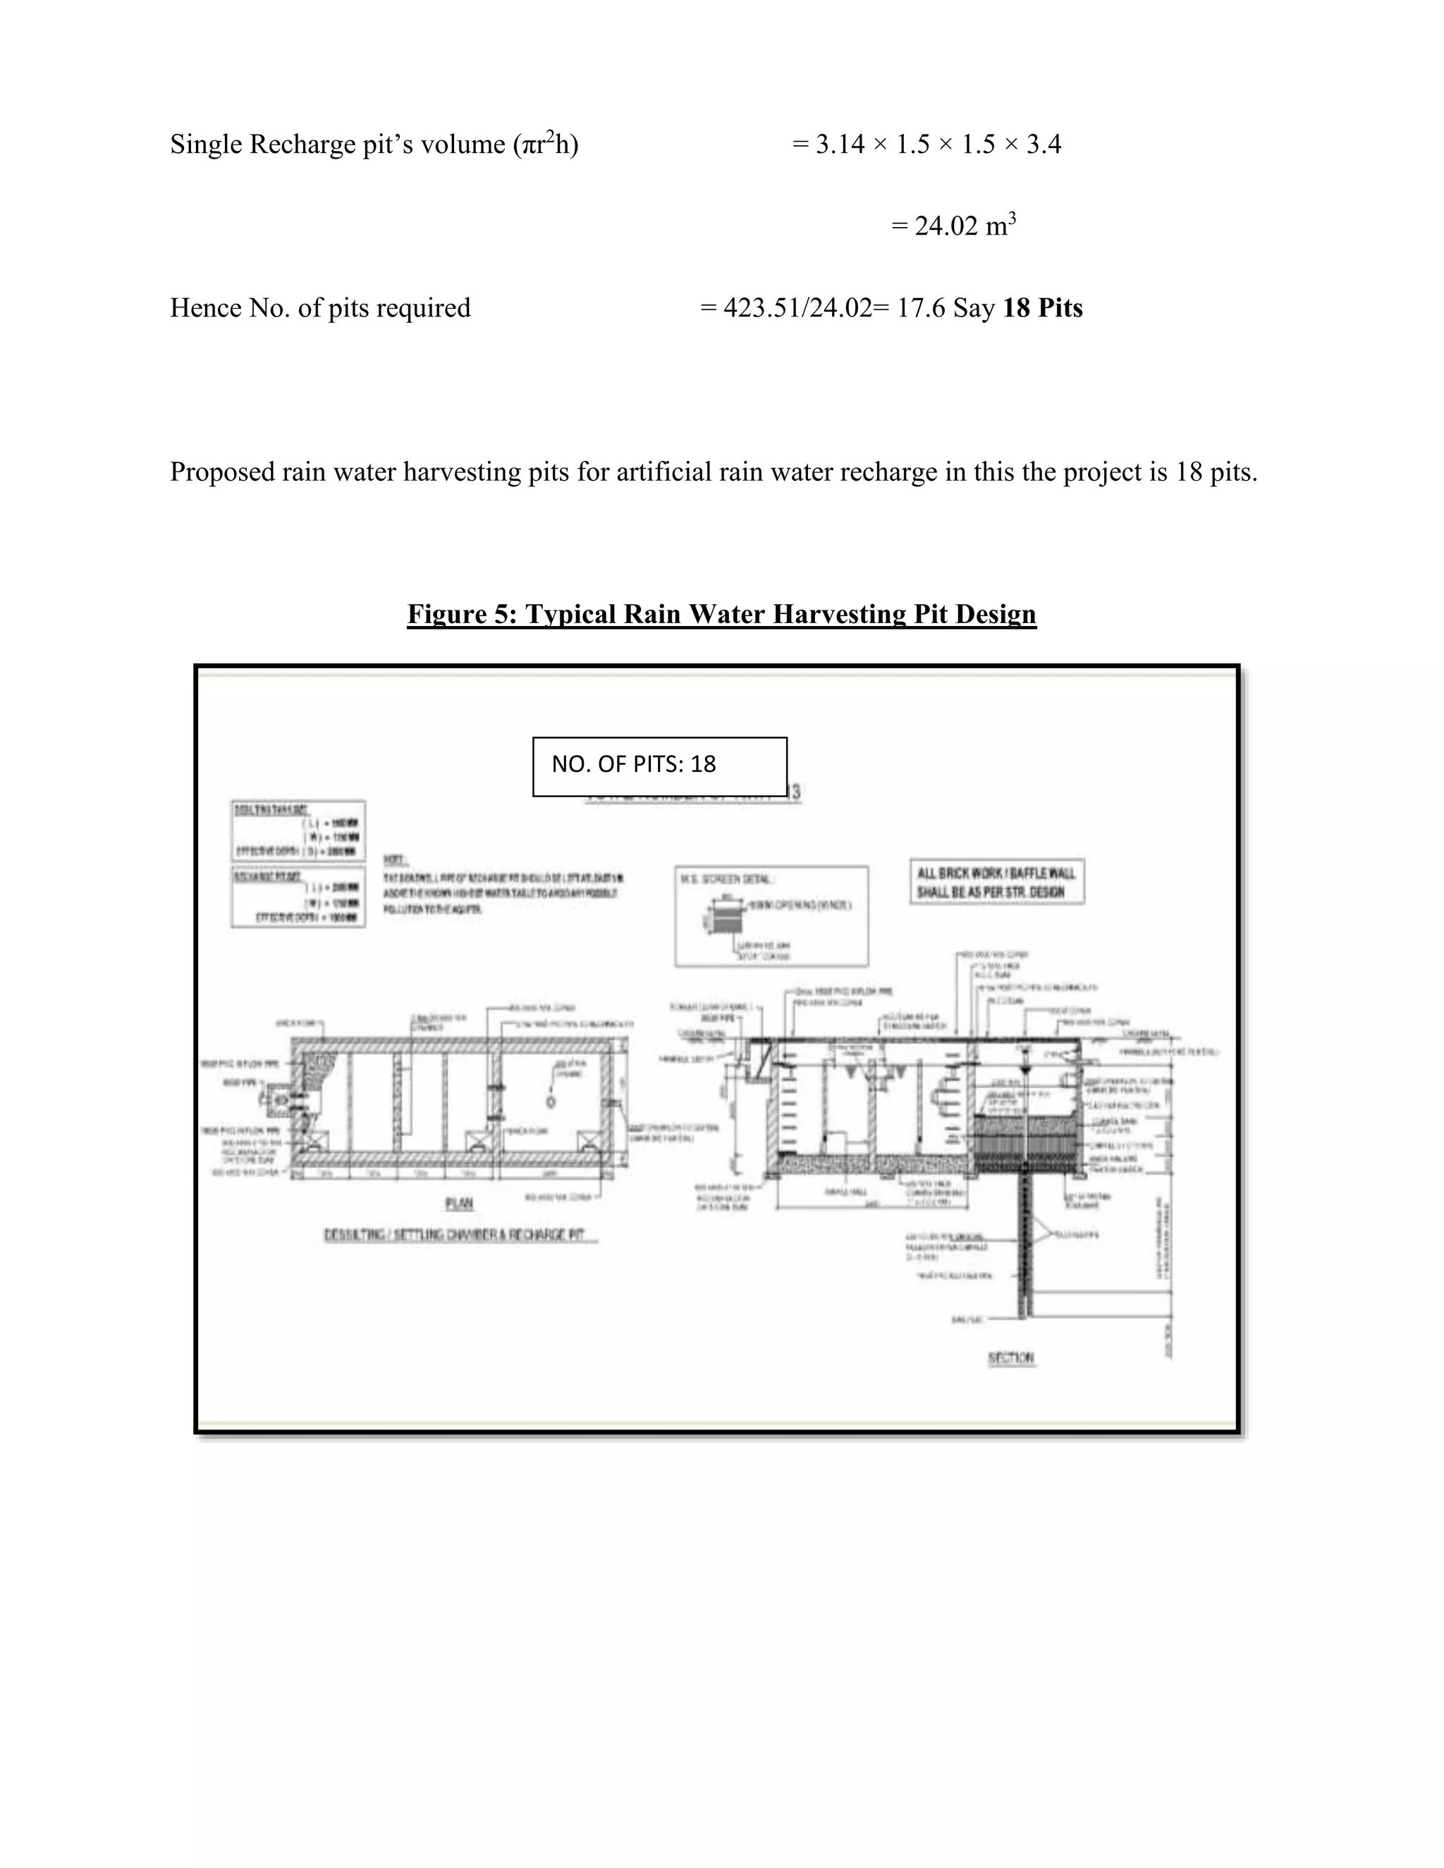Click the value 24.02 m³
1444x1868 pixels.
coord(953,226)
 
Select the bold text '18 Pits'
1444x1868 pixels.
coord(1042,308)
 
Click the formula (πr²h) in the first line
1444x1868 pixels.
coord(546,144)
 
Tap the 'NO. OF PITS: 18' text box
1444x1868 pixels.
coord(659,766)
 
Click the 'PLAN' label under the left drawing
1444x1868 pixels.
coord(460,1203)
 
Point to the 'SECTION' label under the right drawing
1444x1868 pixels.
coord(1010,1358)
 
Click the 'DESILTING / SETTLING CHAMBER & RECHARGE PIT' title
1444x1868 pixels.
coord(460,1235)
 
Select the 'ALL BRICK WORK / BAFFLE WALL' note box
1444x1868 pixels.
coord(996,882)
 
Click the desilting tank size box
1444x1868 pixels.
coord(298,830)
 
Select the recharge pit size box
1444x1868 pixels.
coord(298,897)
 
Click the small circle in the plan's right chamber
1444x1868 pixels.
coord(550,1102)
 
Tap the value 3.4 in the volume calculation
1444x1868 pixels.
coord(1044,144)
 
